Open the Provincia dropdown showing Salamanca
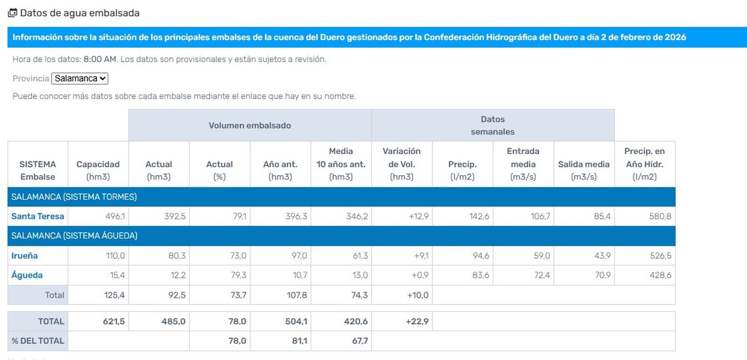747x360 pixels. point(79,78)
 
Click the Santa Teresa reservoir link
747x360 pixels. point(37,216)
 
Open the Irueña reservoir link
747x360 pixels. point(24,255)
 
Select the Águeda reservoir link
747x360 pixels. point(27,275)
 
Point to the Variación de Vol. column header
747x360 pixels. point(402,164)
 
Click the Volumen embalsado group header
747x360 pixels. point(250,125)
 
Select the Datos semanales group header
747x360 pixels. point(493,125)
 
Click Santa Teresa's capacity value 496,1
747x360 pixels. point(115,216)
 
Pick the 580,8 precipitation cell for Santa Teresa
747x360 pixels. point(660,216)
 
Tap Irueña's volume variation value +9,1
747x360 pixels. point(421,255)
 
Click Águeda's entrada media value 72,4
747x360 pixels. point(542,275)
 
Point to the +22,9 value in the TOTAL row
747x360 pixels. point(417,321)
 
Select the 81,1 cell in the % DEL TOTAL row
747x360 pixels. point(299,341)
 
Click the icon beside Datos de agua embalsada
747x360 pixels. point(13,13)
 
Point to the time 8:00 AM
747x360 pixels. point(100,59)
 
